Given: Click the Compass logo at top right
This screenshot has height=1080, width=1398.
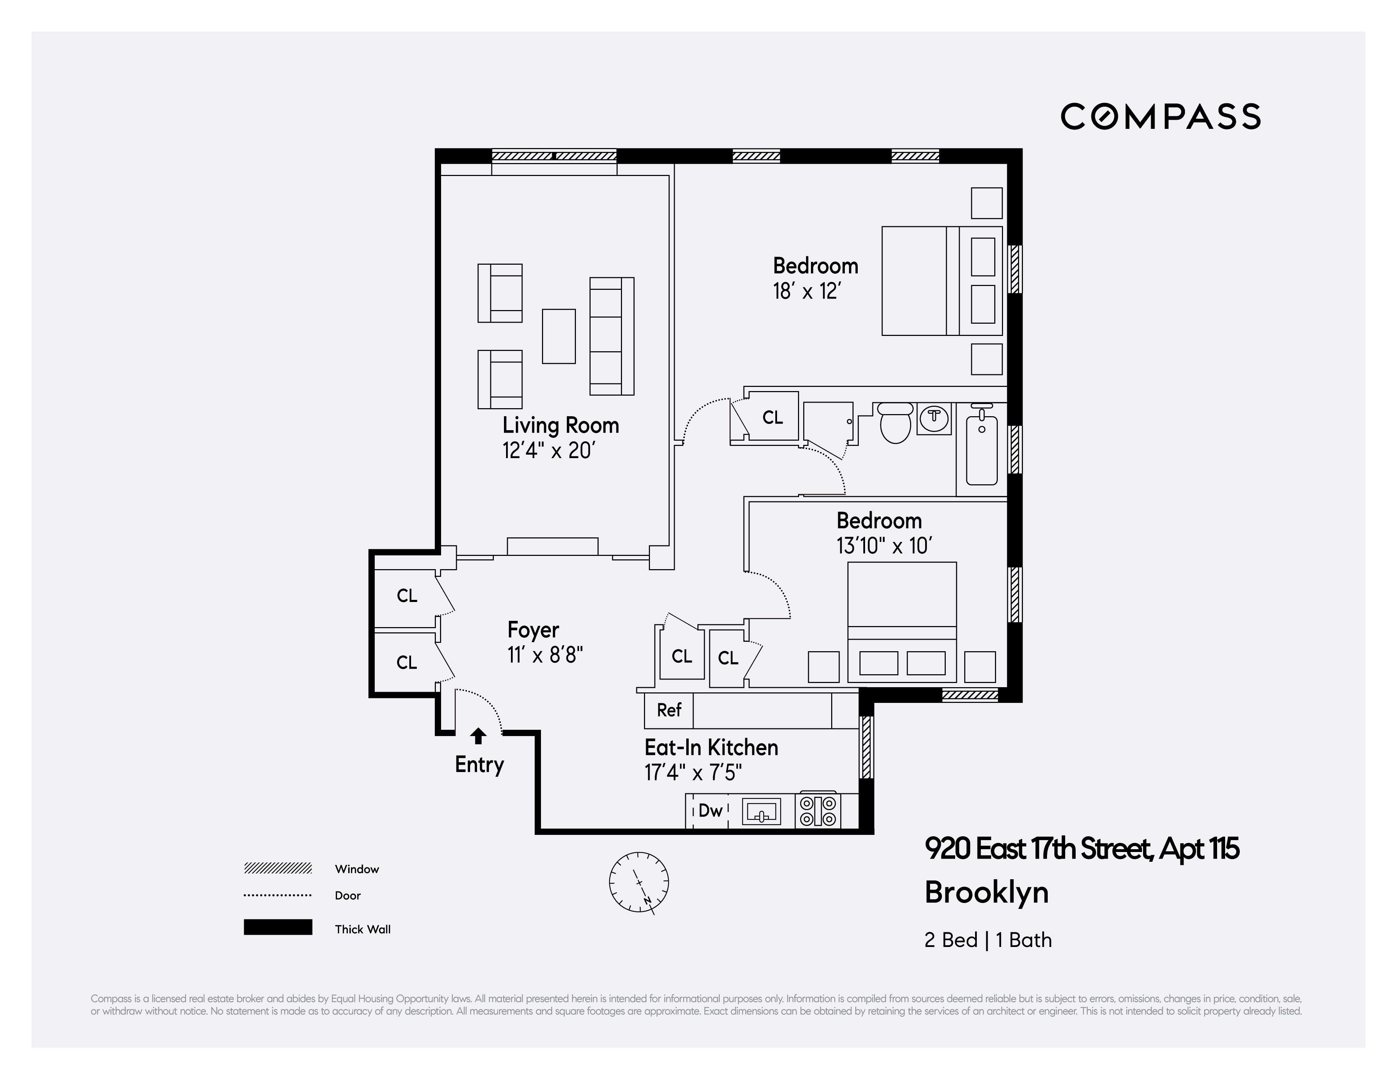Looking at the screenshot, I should click(x=1160, y=116).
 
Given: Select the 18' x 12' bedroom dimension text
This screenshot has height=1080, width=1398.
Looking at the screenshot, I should click(x=806, y=292).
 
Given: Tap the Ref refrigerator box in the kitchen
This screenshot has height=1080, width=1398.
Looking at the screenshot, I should click(x=669, y=710).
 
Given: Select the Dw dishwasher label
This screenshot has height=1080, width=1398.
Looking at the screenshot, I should click(x=710, y=811).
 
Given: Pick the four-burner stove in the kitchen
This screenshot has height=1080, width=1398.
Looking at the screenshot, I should click(x=818, y=811).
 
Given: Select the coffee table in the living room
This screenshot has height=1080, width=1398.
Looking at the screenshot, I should click(x=559, y=337).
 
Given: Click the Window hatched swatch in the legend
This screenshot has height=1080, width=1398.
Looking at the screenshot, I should click(x=278, y=868).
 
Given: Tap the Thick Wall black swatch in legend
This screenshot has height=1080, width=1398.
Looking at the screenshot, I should click(x=278, y=927).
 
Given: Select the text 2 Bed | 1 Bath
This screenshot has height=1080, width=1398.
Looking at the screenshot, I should click(x=988, y=940).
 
